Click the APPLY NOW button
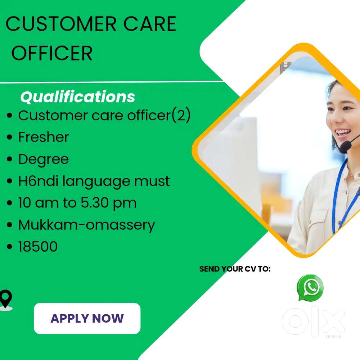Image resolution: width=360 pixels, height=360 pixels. [x=87, y=318]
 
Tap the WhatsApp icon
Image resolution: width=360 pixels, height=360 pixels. [x=310, y=287]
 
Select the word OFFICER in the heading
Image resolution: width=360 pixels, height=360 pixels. [x=52, y=53]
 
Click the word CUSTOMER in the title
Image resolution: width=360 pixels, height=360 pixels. [x=61, y=24]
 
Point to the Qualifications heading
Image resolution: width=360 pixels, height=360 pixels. [x=78, y=97]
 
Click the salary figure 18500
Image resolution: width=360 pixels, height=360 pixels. [x=38, y=247]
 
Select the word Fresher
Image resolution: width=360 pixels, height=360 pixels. [x=44, y=137]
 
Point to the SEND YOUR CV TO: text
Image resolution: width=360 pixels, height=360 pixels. [x=235, y=269]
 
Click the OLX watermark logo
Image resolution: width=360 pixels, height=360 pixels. [x=314, y=321]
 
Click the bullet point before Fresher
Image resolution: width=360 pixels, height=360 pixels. [x=9, y=137]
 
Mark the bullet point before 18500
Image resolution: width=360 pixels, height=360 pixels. [x=9, y=247]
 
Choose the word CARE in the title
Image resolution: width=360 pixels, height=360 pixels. [x=150, y=24]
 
